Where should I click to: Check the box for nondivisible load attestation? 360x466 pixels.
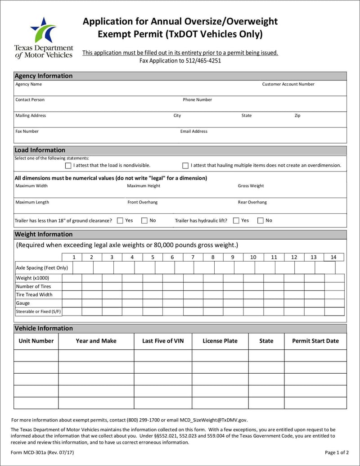click(x=68, y=166)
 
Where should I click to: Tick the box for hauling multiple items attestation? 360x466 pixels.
click(x=185, y=166)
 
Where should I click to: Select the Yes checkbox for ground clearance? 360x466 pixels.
click(x=120, y=221)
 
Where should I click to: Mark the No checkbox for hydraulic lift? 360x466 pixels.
click(x=261, y=221)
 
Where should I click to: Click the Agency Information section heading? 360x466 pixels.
click(x=44, y=76)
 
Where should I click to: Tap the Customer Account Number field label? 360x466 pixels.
click(x=288, y=84)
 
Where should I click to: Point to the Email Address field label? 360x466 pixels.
click(x=194, y=131)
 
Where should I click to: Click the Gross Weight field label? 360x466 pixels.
click(x=251, y=186)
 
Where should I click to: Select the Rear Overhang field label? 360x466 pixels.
click(x=252, y=203)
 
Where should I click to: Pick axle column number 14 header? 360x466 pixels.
click(x=333, y=257)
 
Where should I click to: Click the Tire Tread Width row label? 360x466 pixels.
click(x=34, y=295)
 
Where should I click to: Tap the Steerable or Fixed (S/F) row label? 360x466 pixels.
click(x=38, y=312)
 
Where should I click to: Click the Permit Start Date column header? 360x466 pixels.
click(x=315, y=341)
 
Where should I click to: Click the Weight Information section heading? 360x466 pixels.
click(x=44, y=235)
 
